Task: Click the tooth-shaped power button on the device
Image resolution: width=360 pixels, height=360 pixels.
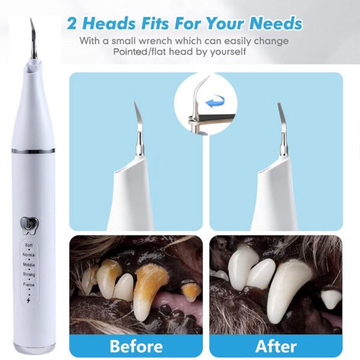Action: point(29,226)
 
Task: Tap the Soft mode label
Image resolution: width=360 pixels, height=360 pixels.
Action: point(29,245)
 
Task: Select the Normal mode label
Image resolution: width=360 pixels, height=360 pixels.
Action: point(29,255)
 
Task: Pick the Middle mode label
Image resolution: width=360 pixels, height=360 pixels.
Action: point(29,265)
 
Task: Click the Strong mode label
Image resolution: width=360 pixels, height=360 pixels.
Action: point(29,275)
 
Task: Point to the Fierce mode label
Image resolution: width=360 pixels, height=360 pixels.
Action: point(29,284)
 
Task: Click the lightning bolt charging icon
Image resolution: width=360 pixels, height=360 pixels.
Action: point(29,301)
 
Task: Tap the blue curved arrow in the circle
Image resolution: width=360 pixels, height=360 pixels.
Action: point(215,101)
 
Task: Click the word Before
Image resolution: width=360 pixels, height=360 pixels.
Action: point(136,346)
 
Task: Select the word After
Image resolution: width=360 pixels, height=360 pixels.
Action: point(276,346)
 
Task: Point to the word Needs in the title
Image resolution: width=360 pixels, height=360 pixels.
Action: point(276,23)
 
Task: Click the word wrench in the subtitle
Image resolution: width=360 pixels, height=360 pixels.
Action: point(155,41)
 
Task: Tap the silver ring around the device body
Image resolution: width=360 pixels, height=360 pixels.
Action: point(33,151)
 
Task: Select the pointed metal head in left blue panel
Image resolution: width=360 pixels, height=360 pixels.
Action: point(139,128)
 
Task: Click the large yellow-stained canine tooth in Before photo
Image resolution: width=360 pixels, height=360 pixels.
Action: point(149,290)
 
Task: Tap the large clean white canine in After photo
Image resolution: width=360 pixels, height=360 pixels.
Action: point(289,291)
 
